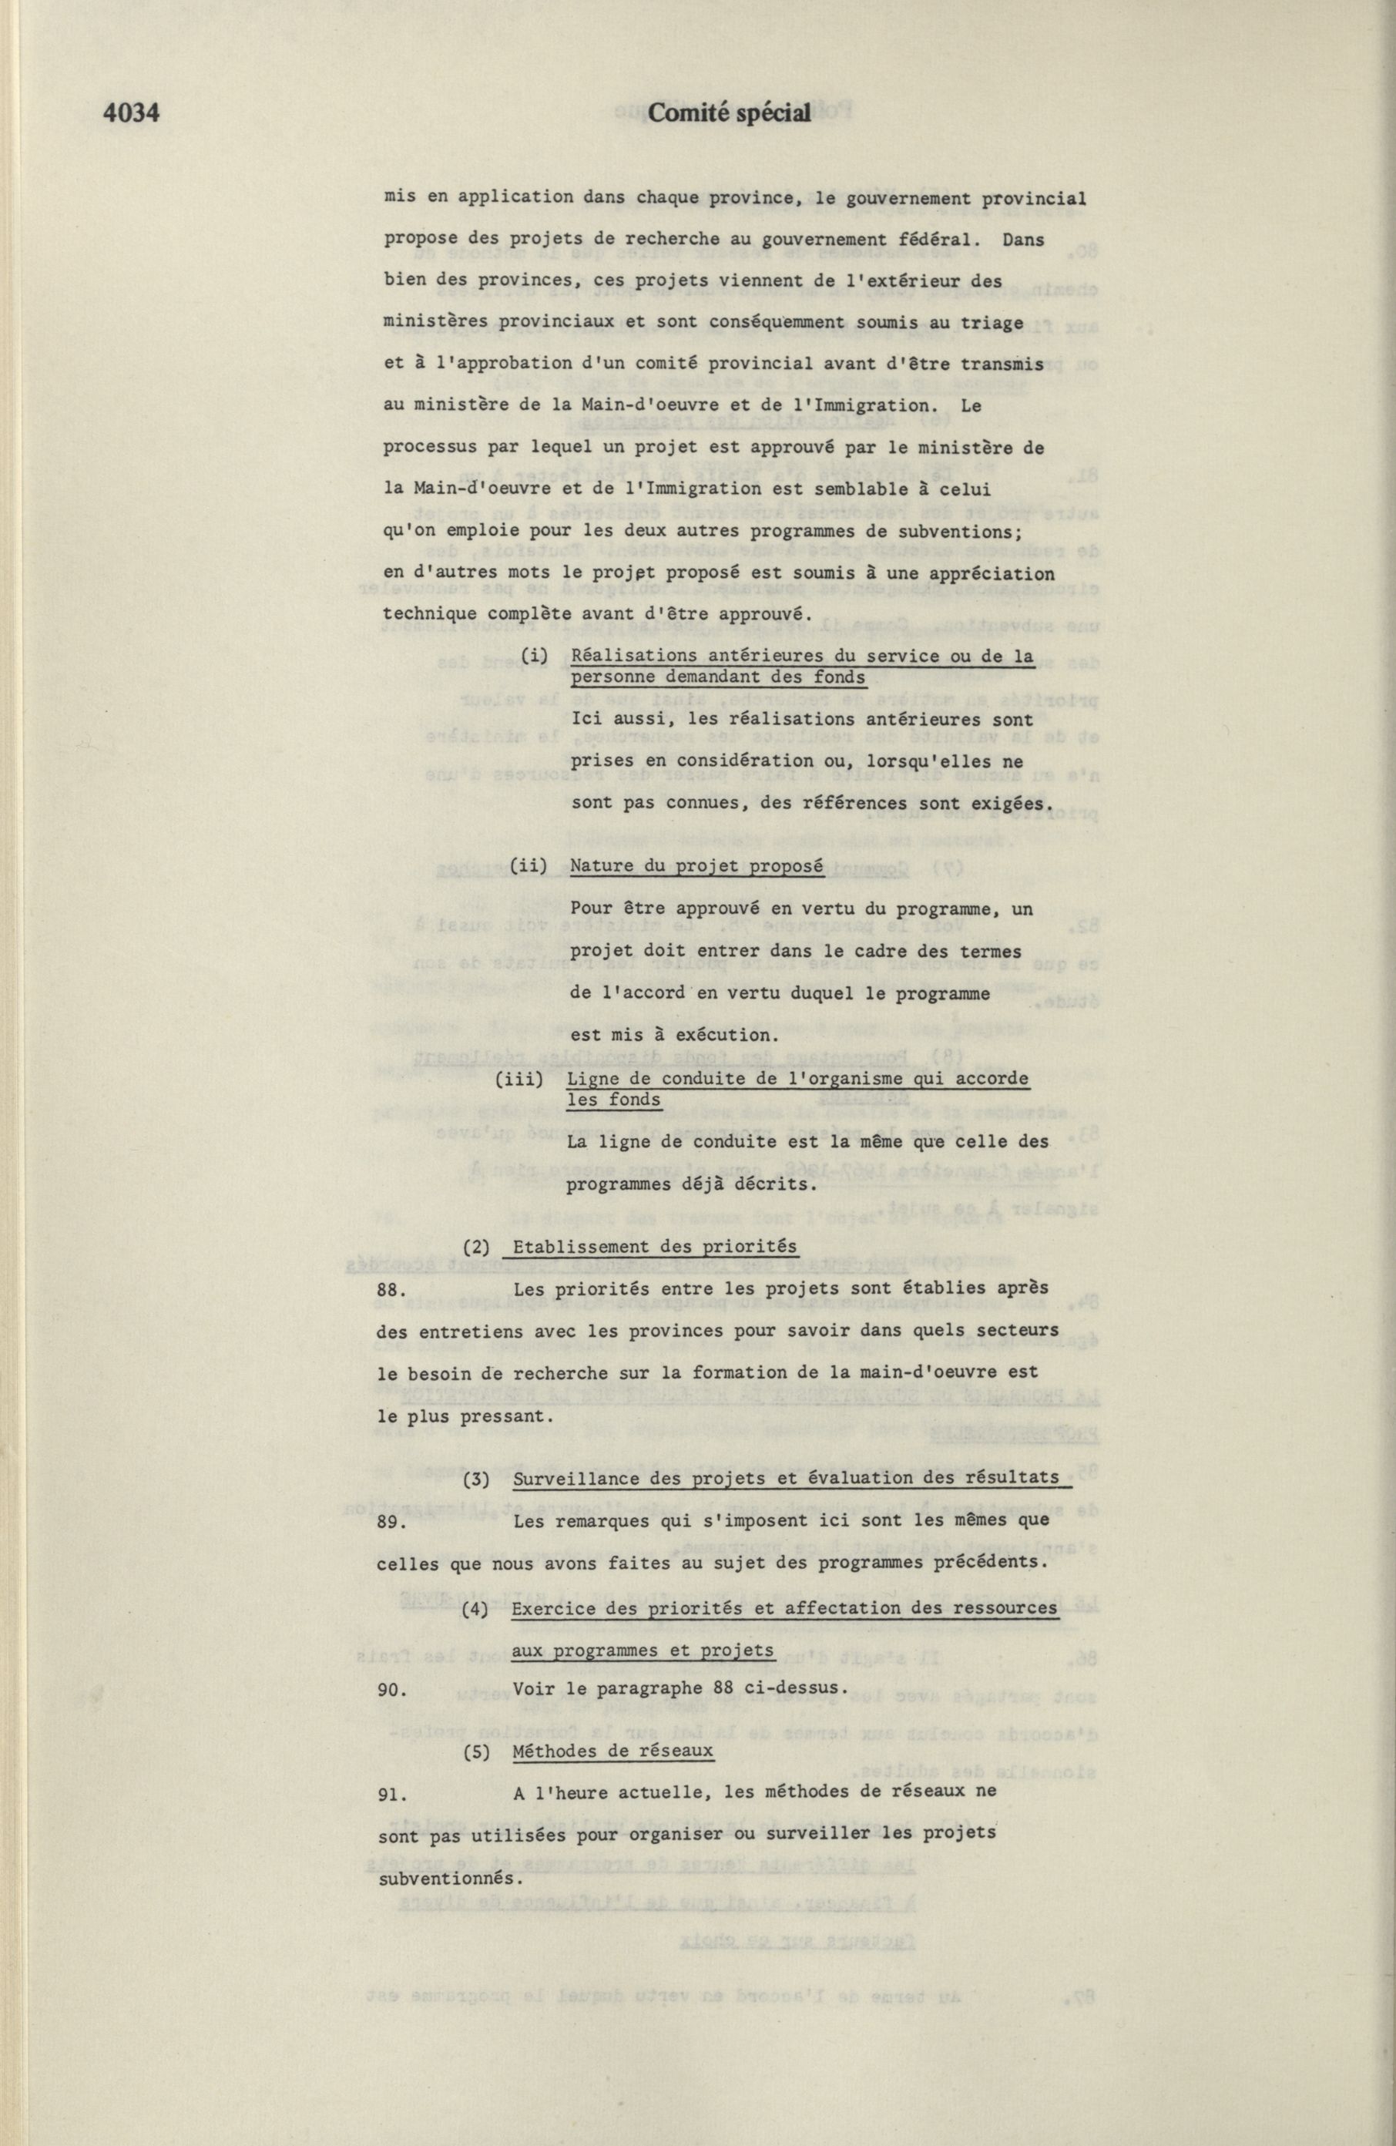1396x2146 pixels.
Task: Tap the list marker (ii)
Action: [529, 865]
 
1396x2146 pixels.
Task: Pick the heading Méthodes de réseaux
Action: [612, 1750]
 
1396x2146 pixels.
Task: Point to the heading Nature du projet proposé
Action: [696, 865]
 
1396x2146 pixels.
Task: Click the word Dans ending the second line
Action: [1022, 240]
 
